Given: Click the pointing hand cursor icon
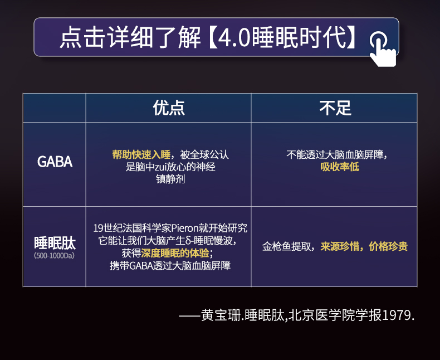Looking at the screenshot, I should tap(382, 48).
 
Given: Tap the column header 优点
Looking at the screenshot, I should tap(169, 108).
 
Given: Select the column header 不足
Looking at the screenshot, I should tap(335, 108).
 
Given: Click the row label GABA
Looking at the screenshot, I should tap(55, 162).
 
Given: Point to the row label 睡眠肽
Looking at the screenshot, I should tap(55, 243).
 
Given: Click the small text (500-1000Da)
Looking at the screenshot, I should tap(55, 256).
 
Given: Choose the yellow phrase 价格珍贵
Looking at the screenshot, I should tap(388, 246).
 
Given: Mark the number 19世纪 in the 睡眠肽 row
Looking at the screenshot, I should tap(105, 228).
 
